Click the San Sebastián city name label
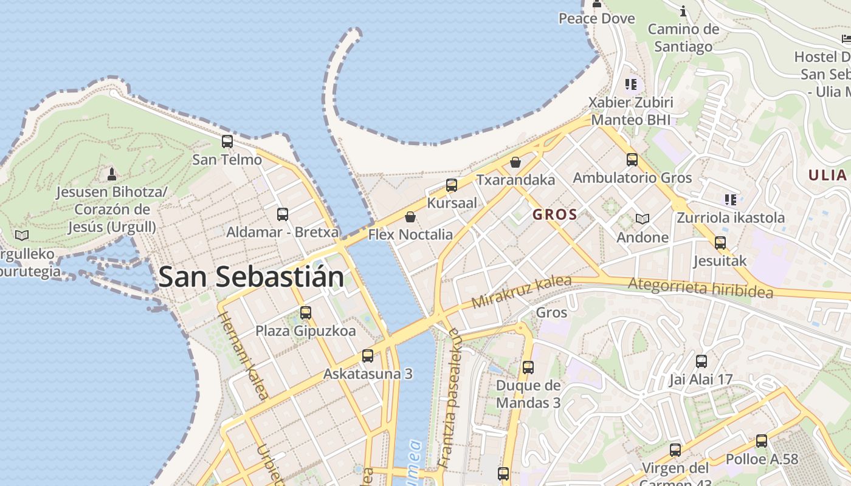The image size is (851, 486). pos(251,277)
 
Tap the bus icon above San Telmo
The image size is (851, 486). pos(227,142)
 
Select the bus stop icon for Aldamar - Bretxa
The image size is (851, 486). pos(283,214)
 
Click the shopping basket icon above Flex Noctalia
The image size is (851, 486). pos(410,217)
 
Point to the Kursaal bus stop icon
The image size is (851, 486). pos(452,185)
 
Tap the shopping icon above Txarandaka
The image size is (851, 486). pos(515,162)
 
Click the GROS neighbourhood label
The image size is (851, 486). pos(554,214)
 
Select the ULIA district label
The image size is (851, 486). pos(827,176)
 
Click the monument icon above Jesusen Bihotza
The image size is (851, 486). pos(111,174)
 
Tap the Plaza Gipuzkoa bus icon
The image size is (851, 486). pos(306,313)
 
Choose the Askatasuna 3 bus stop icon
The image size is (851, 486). pos(368,356)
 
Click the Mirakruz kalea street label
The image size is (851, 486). pos(522,292)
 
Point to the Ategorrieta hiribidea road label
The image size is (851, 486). pos(700,287)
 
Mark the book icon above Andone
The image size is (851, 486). pos(643,219)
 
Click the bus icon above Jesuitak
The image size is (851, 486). pos(720,243)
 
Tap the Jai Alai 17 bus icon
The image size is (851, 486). pos(701,361)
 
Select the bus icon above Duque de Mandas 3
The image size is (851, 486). pos(528,368)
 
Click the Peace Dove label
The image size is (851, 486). pos(596,18)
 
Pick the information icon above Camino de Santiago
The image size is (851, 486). pos(683,11)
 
